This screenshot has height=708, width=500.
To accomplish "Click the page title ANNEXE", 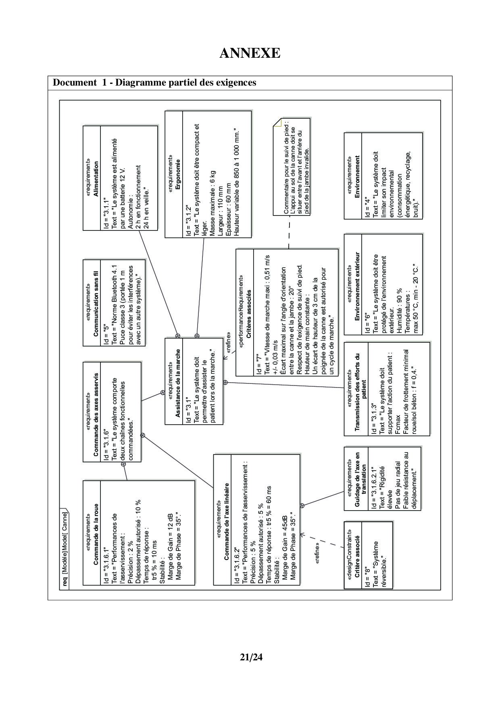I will point(250,53).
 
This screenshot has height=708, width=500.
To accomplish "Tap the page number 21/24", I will point(251,657).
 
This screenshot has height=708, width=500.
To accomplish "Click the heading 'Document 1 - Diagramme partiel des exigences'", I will point(154,83).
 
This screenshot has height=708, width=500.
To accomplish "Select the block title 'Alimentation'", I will point(96,178).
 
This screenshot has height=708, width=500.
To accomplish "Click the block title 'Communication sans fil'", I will point(96,303).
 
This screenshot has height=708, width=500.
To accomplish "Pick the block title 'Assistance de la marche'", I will point(178,383).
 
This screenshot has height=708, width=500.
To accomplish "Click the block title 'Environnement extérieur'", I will point(357,286).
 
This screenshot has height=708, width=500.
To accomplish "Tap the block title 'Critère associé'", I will point(357,555).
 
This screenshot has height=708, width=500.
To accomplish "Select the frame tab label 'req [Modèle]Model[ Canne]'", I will point(65,547).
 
